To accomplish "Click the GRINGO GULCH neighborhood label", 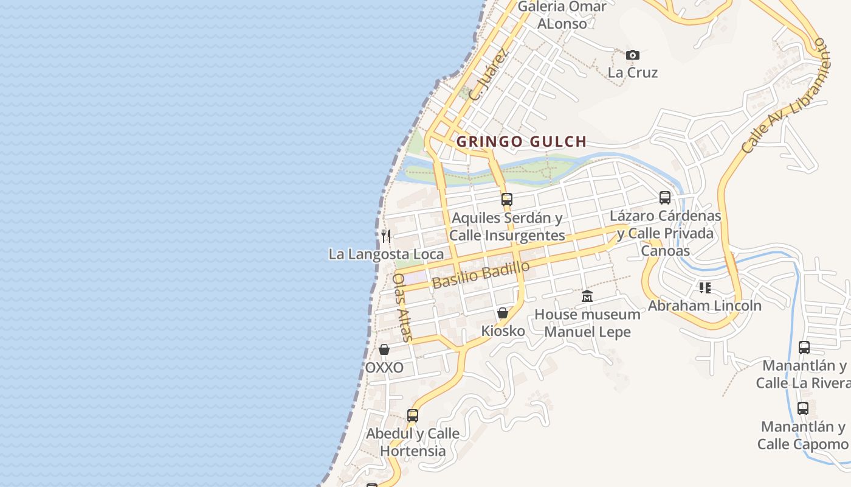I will click(x=522, y=142).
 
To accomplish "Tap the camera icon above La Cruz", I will click(x=633, y=55).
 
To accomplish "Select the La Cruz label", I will click(x=633, y=72).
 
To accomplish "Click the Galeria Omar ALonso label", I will click(x=562, y=15).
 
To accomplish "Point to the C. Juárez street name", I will click(x=488, y=75).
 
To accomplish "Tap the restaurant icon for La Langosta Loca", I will click(x=386, y=236).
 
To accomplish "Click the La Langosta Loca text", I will click(x=386, y=254).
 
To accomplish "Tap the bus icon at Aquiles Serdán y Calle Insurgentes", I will click(x=506, y=199).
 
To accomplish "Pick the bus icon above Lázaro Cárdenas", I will click(x=665, y=198).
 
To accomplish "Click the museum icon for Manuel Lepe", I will click(x=587, y=296).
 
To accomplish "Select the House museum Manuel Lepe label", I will click(x=587, y=323).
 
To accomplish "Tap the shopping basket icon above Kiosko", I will click(x=503, y=314).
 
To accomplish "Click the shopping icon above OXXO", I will click(x=384, y=349).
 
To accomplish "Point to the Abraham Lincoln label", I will click(x=705, y=306).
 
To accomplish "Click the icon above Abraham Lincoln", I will click(x=705, y=287).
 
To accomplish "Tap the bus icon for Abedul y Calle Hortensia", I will click(x=413, y=416).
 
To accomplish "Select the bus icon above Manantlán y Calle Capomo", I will click(x=803, y=408).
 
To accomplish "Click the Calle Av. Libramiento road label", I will click(x=785, y=96).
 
